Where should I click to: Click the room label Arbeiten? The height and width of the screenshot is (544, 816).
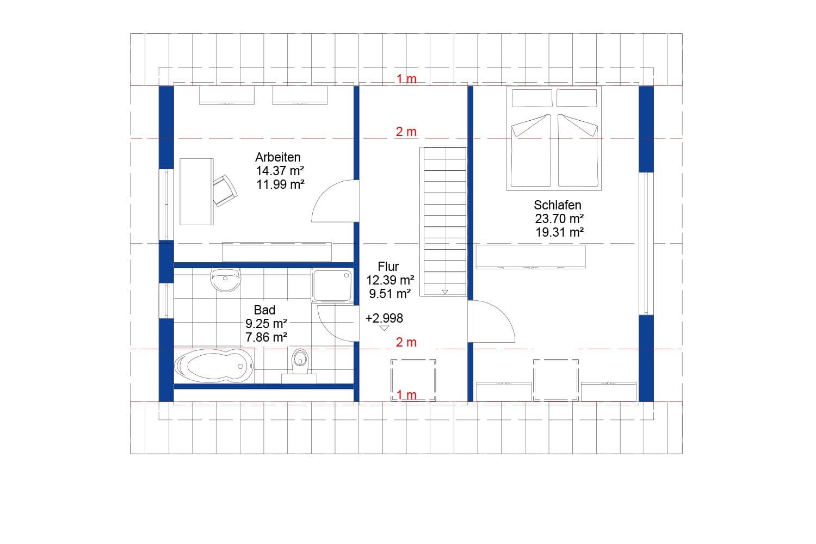click(x=277, y=157)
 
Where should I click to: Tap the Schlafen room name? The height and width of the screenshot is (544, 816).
click(x=557, y=205)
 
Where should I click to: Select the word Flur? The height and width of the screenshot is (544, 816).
click(x=388, y=267)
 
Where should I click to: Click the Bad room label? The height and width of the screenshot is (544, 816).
click(x=264, y=310)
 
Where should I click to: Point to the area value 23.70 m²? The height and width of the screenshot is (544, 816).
click(x=559, y=219)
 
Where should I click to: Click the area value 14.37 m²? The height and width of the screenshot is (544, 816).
click(x=280, y=171)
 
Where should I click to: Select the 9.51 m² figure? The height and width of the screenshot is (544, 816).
click(x=390, y=294)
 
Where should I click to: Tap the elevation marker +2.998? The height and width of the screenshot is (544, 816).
click(x=384, y=318)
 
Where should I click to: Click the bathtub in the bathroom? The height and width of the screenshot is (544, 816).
click(x=214, y=366)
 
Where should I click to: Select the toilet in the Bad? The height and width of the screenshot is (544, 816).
click(x=299, y=362)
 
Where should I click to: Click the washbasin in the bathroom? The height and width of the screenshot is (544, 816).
click(x=225, y=280)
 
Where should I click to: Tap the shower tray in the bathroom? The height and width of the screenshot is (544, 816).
click(x=332, y=285)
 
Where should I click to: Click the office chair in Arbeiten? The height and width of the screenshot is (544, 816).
click(x=225, y=190)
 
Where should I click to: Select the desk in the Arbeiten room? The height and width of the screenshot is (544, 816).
click(x=196, y=191)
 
